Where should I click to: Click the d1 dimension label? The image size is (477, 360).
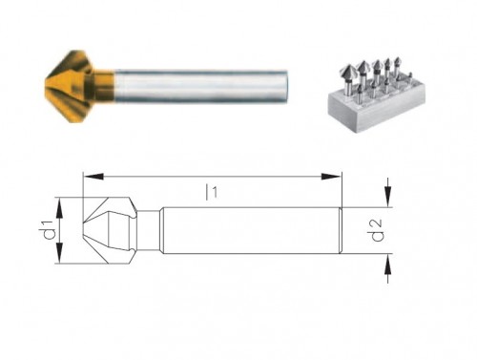[x=43, y=230]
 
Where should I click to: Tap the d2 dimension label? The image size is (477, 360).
[x=379, y=230]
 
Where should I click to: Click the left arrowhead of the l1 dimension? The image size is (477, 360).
[x=89, y=176]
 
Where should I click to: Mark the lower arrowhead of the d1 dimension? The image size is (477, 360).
[x=60, y=261]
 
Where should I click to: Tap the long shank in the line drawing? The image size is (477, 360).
[x=248, y=230]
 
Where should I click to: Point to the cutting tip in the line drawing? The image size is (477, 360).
[x=86, y=230]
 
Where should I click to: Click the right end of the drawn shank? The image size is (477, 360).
[x=340, y=230]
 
